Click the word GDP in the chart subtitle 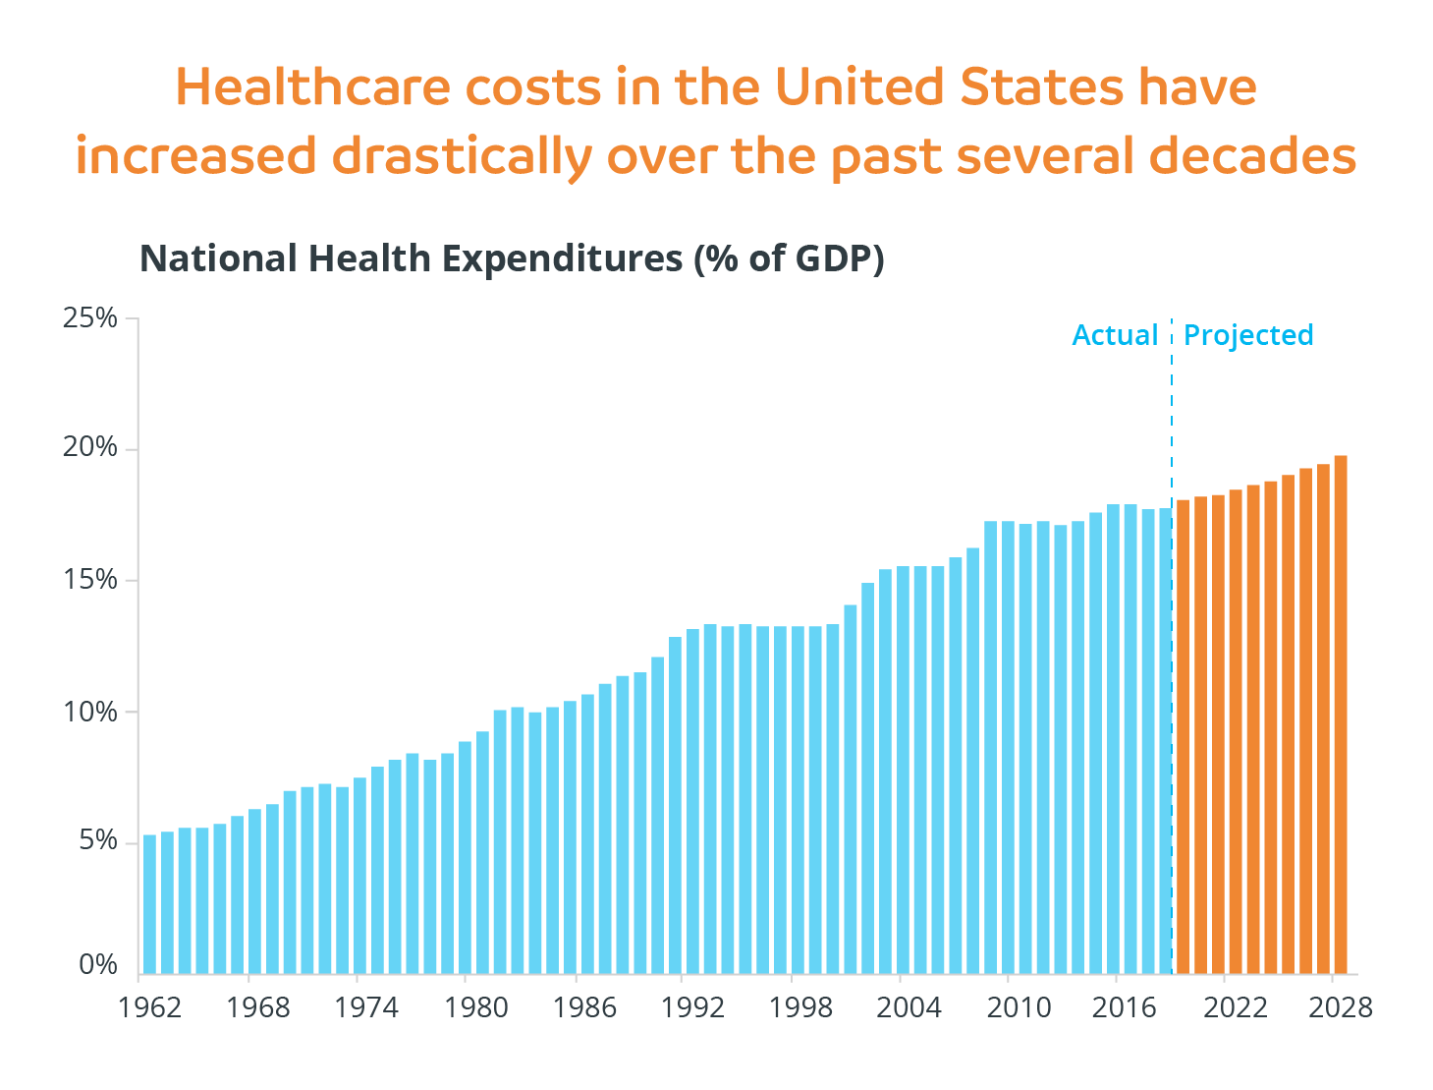(x=832, y=258)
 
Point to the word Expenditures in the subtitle (x=562, y=258)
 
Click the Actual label (x=1115, y=335)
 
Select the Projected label (x=1248, y=335)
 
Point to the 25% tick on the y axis (x=89, y=318)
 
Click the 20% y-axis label (x=89, y=448)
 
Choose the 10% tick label (x=89, y=712)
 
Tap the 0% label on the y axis (x=97, y=965)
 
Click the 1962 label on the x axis (x=149, y=1008)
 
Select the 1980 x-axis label (x=476, y=1008)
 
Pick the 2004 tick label (x=909, y=1008)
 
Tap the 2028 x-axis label (x=1340, y=1008)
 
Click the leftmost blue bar (x=149, y=903)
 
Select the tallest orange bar (x=1340, y=714)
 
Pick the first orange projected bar (x=1183, y=736)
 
